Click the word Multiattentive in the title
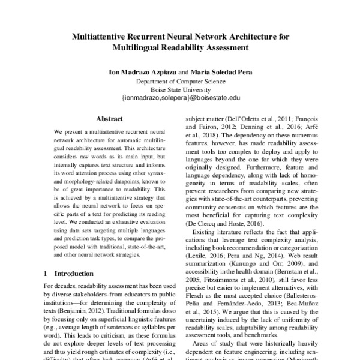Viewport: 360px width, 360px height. (x=100, y=36)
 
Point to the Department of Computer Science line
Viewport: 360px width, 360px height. (x=180, y=80)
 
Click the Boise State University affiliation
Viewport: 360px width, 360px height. (x=180, y=88)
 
